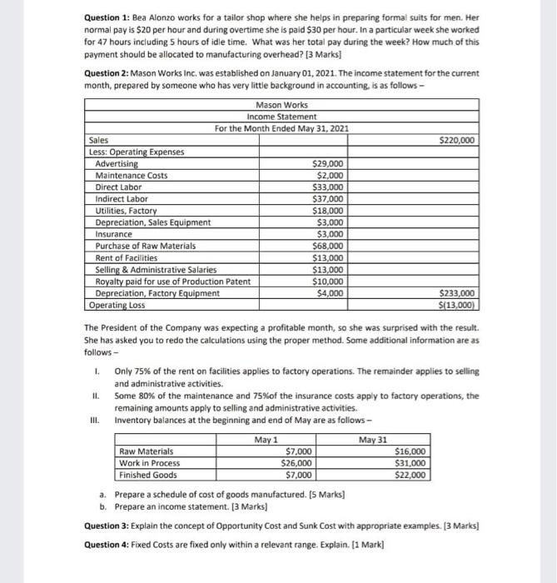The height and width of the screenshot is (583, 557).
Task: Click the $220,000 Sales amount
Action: tap(456, 140)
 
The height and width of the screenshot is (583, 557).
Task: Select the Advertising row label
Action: tap(117, 164)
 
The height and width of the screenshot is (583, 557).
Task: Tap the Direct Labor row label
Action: tap(118, 187)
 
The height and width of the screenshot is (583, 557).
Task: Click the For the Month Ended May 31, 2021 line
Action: tap(281, 128)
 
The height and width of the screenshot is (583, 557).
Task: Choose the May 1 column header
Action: tap(264, 440)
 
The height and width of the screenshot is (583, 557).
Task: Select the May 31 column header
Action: tap(373, 440)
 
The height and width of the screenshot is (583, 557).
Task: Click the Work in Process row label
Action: tap(150, 463)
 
